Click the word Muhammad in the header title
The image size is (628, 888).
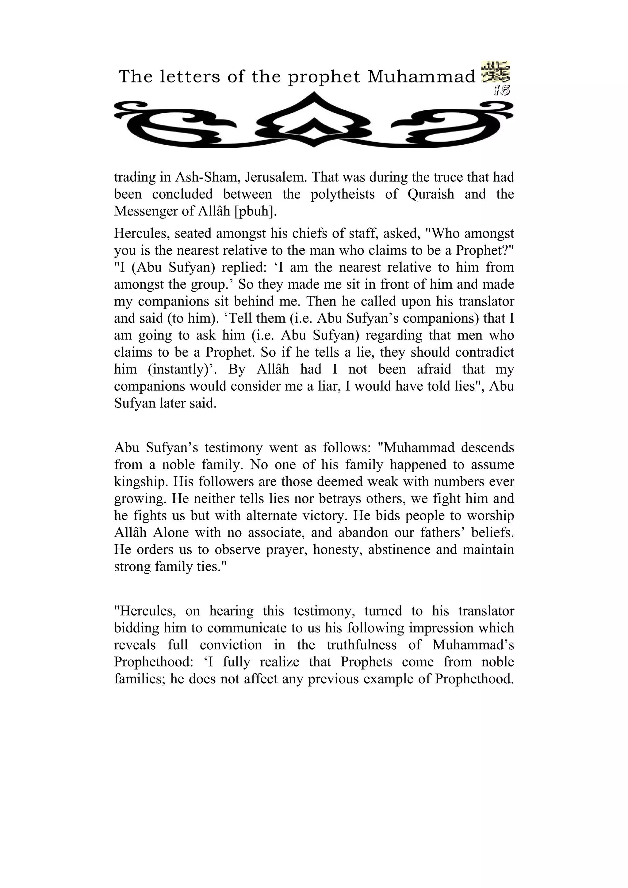click(421, 77)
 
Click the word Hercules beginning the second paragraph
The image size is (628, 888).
click(140, 233)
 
